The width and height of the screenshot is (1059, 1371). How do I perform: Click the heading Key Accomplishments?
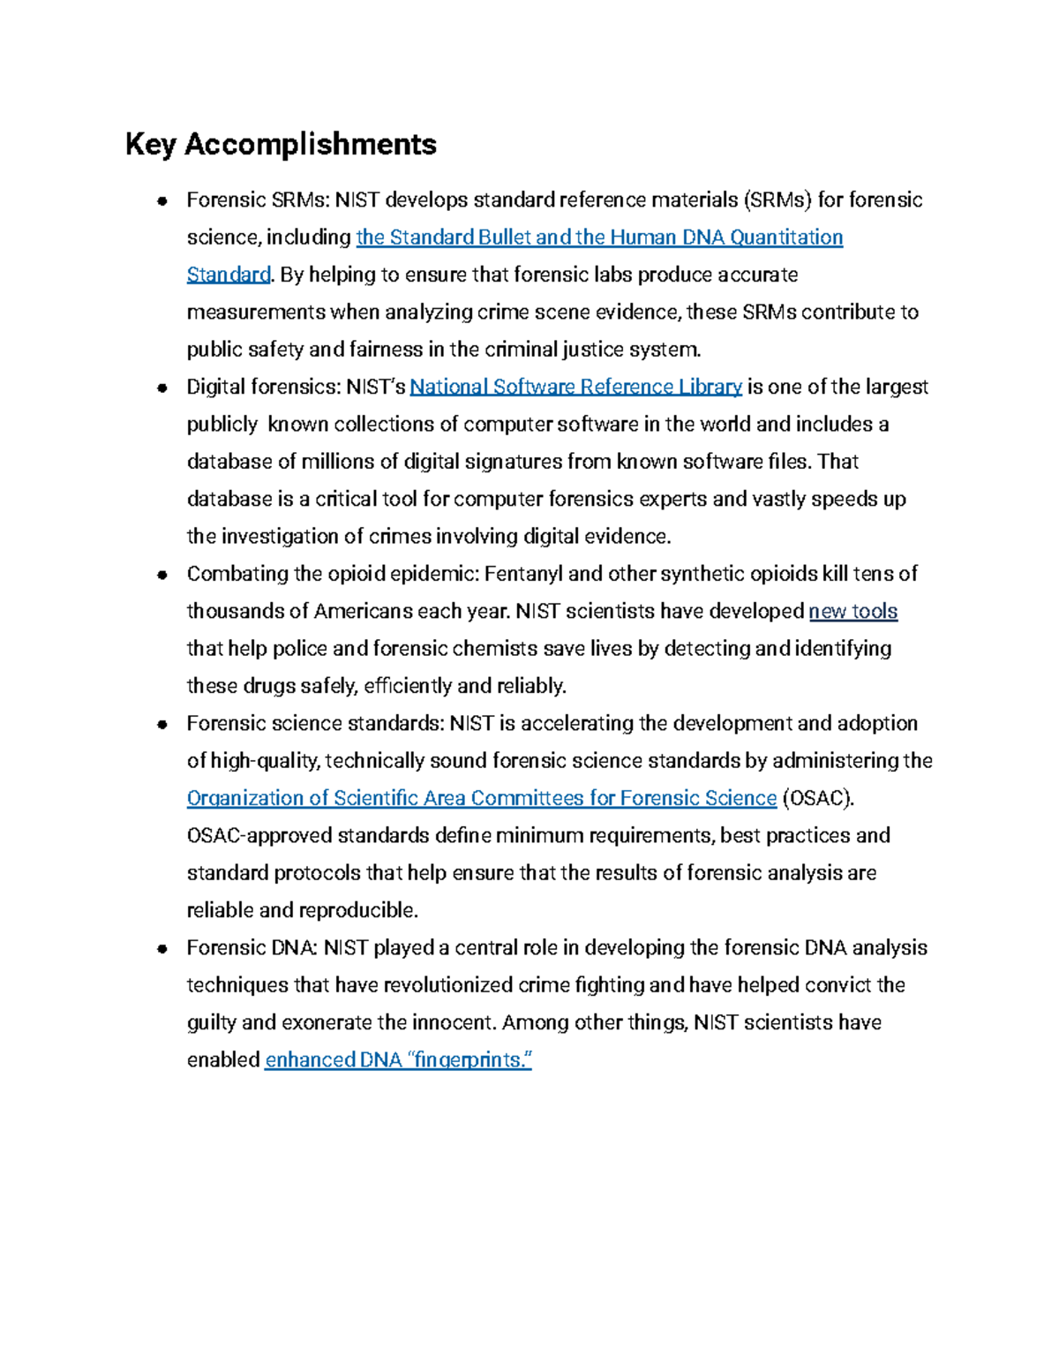coord(281,144)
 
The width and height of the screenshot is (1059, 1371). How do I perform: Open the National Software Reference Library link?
coord(575,387)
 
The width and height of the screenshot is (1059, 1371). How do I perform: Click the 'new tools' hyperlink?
coord(852,611)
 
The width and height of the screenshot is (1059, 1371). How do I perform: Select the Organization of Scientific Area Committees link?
coord(481,798)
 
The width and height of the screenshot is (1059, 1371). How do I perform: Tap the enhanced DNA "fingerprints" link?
coord(398,1059)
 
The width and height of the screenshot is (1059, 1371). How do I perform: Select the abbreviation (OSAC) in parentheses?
coord(819,798)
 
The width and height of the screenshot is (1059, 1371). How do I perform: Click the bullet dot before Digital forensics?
coord(162,388)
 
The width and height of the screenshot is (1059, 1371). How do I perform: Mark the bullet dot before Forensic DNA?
coord(162,949)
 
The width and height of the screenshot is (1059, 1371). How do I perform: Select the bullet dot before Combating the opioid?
coord(162,575)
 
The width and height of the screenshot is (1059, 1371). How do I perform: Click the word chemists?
coord(493,649)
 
